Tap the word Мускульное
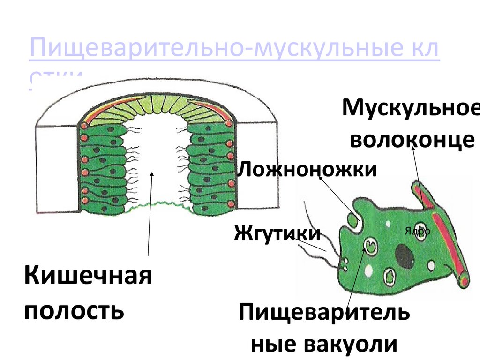tap(411, 109)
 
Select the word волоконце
tap(412, 139)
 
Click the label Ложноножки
tap(307, 169)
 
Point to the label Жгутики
tap(277, 233)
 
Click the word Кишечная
tap(88, 276)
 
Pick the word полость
tap(74, 310)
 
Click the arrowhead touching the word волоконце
tap(413, 148)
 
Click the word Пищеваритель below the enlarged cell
tap(324, 313)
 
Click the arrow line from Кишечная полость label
tap(150, 216)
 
